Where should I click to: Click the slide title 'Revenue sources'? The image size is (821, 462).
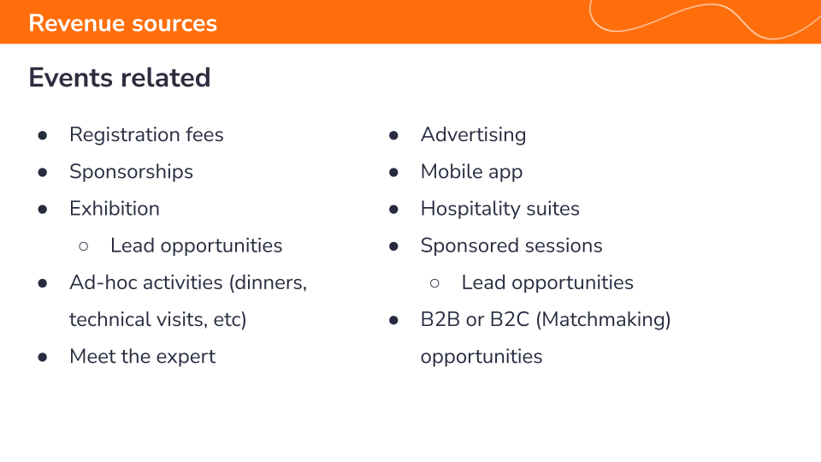pyautogui.click(x=122, y=24)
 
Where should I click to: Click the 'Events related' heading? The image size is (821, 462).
pyautogui.click(x=120, y=78)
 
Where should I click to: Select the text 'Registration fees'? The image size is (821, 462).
pyautogui.click(x=146, y=134)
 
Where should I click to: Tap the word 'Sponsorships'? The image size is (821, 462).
pyautogui.click(x=131, y=172)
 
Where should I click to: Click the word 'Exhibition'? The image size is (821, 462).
pyautogui.click(x=114, y=209)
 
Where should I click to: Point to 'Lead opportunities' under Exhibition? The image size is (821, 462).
pyautogui.click(x=197, y=246)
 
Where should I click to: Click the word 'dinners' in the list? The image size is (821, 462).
pyautogui.click(x=268, y=283)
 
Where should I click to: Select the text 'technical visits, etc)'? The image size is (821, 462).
pyautogui.click(x=157, y=319)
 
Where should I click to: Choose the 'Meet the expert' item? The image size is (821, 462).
pyautogui.click(x=143, y=357)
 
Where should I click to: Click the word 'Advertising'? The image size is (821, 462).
pyautogui.click(x=473, y=134)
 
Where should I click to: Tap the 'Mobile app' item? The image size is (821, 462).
pyautogui.click(x=471, y=172)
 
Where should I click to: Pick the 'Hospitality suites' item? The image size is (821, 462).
pyautogui.click(x=500, y=209)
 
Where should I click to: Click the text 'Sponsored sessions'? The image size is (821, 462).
pyautogui.click(x=511, y=246)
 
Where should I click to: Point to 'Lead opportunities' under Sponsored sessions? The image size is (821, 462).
pyautogui.click(x=547, y=283)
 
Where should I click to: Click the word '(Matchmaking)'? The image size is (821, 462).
pyautogui.click(x=603, y=319)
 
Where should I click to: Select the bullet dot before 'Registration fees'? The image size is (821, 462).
pyautogui.click(x=43, y=136)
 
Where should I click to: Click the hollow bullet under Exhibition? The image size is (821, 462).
pyautogui.click(x=84, y=246)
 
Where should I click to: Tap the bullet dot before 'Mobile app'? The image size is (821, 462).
pyautogui.click(x=393, y=172)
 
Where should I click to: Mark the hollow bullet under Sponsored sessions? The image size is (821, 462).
pyautogui.click(x=434, y=283)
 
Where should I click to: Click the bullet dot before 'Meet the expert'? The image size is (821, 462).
pyautogui.click(x=43, y=358)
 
